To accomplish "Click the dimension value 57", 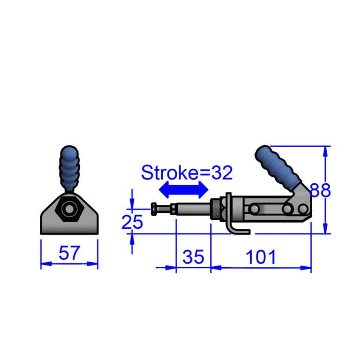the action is (69, 253).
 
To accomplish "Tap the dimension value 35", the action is (193, 257).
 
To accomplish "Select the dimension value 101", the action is (261, 257).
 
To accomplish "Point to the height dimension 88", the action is (320, 190).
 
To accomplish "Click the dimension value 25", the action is (132, 222).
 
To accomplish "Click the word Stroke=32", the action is (187, 172).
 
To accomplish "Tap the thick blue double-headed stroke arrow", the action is (184, 190).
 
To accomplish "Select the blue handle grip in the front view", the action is (69, 169).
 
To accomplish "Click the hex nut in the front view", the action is (69, 209).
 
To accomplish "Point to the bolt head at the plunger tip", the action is (154, 209).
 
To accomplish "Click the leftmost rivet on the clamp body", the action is (254, 209).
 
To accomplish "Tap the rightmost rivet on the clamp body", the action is (303, 209).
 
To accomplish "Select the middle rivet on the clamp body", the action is (287, 209).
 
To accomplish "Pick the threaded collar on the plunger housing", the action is (215, 210).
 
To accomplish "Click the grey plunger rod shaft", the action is (193, 209).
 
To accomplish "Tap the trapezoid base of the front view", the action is (69, 214).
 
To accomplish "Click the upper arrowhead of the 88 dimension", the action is (325, 151).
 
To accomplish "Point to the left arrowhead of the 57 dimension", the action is (46, 264).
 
